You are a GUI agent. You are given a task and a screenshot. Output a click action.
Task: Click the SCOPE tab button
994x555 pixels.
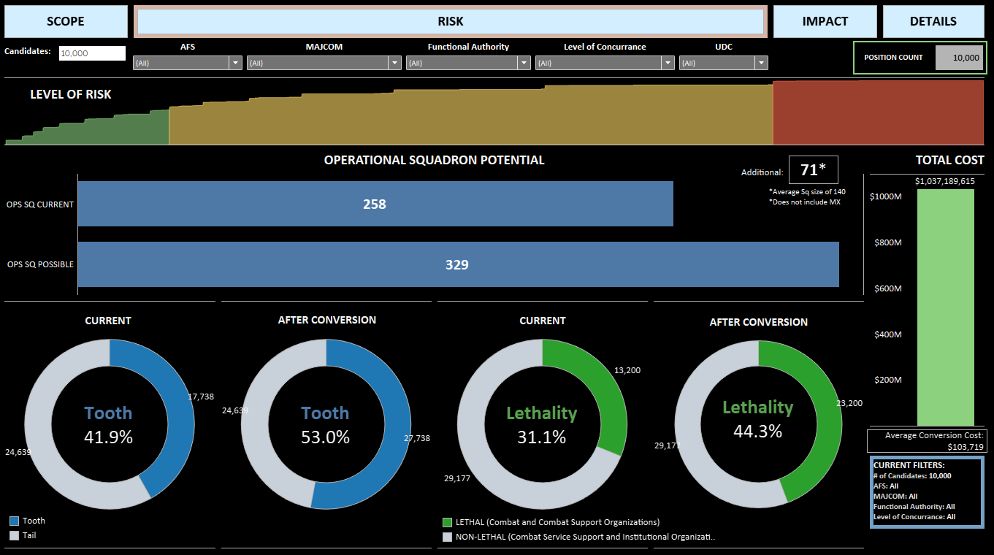(66, 22)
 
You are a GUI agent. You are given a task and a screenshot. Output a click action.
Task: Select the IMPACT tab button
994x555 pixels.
(825, 22)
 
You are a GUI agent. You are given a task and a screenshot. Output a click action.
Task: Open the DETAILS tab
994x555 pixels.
(933, 22)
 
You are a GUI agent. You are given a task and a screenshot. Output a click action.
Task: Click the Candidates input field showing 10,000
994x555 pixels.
(92, 53)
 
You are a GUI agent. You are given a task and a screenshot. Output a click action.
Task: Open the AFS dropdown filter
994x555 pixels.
(187, 63)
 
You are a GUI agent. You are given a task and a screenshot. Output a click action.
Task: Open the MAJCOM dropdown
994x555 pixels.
(324, 63)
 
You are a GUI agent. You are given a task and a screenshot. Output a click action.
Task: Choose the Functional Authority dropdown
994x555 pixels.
(468, 63)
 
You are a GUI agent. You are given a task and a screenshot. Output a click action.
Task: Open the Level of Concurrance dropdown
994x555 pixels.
(605, 63)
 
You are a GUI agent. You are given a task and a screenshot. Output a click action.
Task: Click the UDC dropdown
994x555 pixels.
(723, 63)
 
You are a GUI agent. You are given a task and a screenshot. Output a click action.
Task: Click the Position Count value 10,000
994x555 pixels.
(959, 58)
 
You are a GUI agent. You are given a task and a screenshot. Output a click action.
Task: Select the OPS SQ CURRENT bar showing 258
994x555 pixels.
(375, 204)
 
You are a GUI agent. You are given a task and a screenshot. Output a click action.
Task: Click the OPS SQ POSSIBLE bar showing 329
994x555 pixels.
(457, 264)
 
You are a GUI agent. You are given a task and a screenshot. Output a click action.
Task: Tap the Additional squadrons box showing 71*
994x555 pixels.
(813, 170)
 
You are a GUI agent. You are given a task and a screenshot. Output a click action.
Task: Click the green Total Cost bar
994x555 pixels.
(946, 307)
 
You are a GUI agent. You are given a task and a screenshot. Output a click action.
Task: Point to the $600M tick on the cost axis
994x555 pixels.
(887, 288)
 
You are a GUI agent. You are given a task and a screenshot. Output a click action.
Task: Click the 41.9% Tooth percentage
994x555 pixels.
(109, 437)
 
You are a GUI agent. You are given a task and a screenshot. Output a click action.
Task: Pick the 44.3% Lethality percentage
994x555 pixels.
(757, 432)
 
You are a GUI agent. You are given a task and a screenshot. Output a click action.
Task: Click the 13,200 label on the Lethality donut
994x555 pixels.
(627, 370)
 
